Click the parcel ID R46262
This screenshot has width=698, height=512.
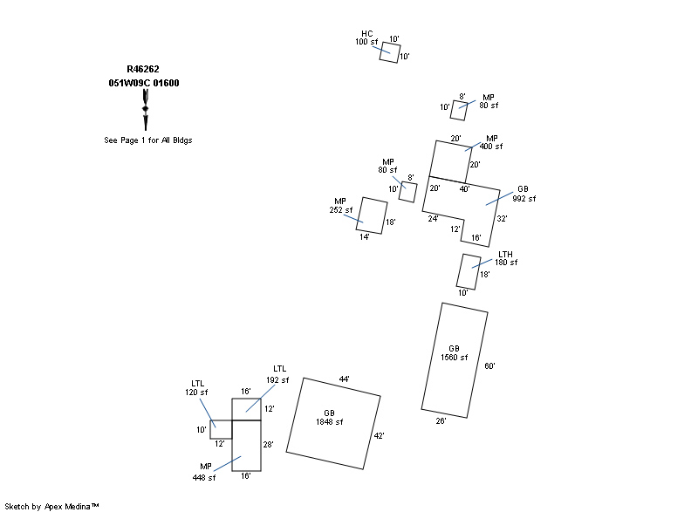143,69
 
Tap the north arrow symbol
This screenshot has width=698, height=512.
146,108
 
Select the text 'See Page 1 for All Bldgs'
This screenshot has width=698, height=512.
148,140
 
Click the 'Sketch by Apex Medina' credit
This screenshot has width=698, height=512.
51,505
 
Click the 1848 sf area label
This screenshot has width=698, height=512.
329,422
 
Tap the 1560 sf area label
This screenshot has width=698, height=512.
454,358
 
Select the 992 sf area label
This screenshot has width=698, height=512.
523,199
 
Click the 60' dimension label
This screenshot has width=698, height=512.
489,366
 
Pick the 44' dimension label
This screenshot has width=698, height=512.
345,379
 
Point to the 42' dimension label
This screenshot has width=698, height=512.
380,435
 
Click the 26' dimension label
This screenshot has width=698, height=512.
441,420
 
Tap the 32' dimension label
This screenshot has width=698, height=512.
502,219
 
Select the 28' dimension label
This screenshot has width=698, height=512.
269,445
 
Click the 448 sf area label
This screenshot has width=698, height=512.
204,477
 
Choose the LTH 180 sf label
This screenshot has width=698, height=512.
505,259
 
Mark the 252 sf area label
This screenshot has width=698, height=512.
341,210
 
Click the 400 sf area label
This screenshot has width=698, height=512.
491,147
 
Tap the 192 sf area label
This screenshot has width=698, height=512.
278,379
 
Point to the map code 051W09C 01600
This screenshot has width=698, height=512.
143,83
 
